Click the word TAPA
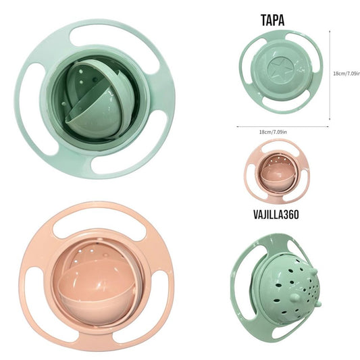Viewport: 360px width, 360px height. (272, 20)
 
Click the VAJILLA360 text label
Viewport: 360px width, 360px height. (276, 214)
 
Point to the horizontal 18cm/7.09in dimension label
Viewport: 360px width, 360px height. (273, 132)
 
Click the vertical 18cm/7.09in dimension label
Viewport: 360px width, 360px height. (346, 74)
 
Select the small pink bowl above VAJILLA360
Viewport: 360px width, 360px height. (277, 171)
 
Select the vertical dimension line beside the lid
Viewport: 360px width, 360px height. (330, 75)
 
